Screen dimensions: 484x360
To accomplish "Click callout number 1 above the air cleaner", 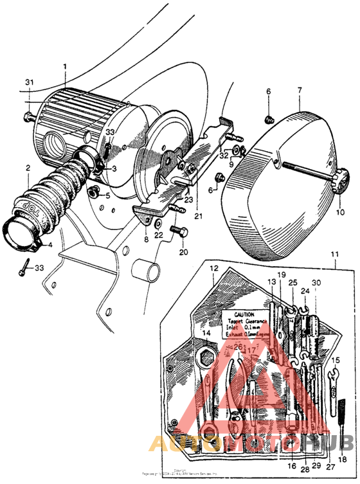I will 64,66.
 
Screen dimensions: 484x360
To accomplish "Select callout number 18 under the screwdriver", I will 342,460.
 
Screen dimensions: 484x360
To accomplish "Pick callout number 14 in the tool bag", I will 205,333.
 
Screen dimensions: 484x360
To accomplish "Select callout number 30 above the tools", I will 316,282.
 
